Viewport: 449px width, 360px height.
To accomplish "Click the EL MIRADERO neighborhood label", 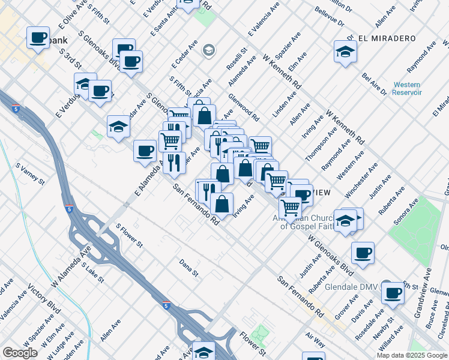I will [x=387, y=38].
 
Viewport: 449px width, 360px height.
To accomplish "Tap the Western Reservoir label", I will [x=407, y=89].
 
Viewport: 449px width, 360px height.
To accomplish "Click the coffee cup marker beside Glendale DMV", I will [x=394, y=293].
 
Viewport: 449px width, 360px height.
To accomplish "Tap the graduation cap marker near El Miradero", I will [x=345, y=52].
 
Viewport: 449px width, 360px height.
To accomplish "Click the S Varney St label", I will [x=31, y=173].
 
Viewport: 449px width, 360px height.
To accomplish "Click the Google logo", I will [x=20, y=353].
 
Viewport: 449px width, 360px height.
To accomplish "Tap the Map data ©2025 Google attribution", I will [x=412, y=355].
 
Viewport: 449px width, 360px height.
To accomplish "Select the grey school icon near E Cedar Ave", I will [x=209, y=50].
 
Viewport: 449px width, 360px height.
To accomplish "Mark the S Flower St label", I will [x=129, y=236].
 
